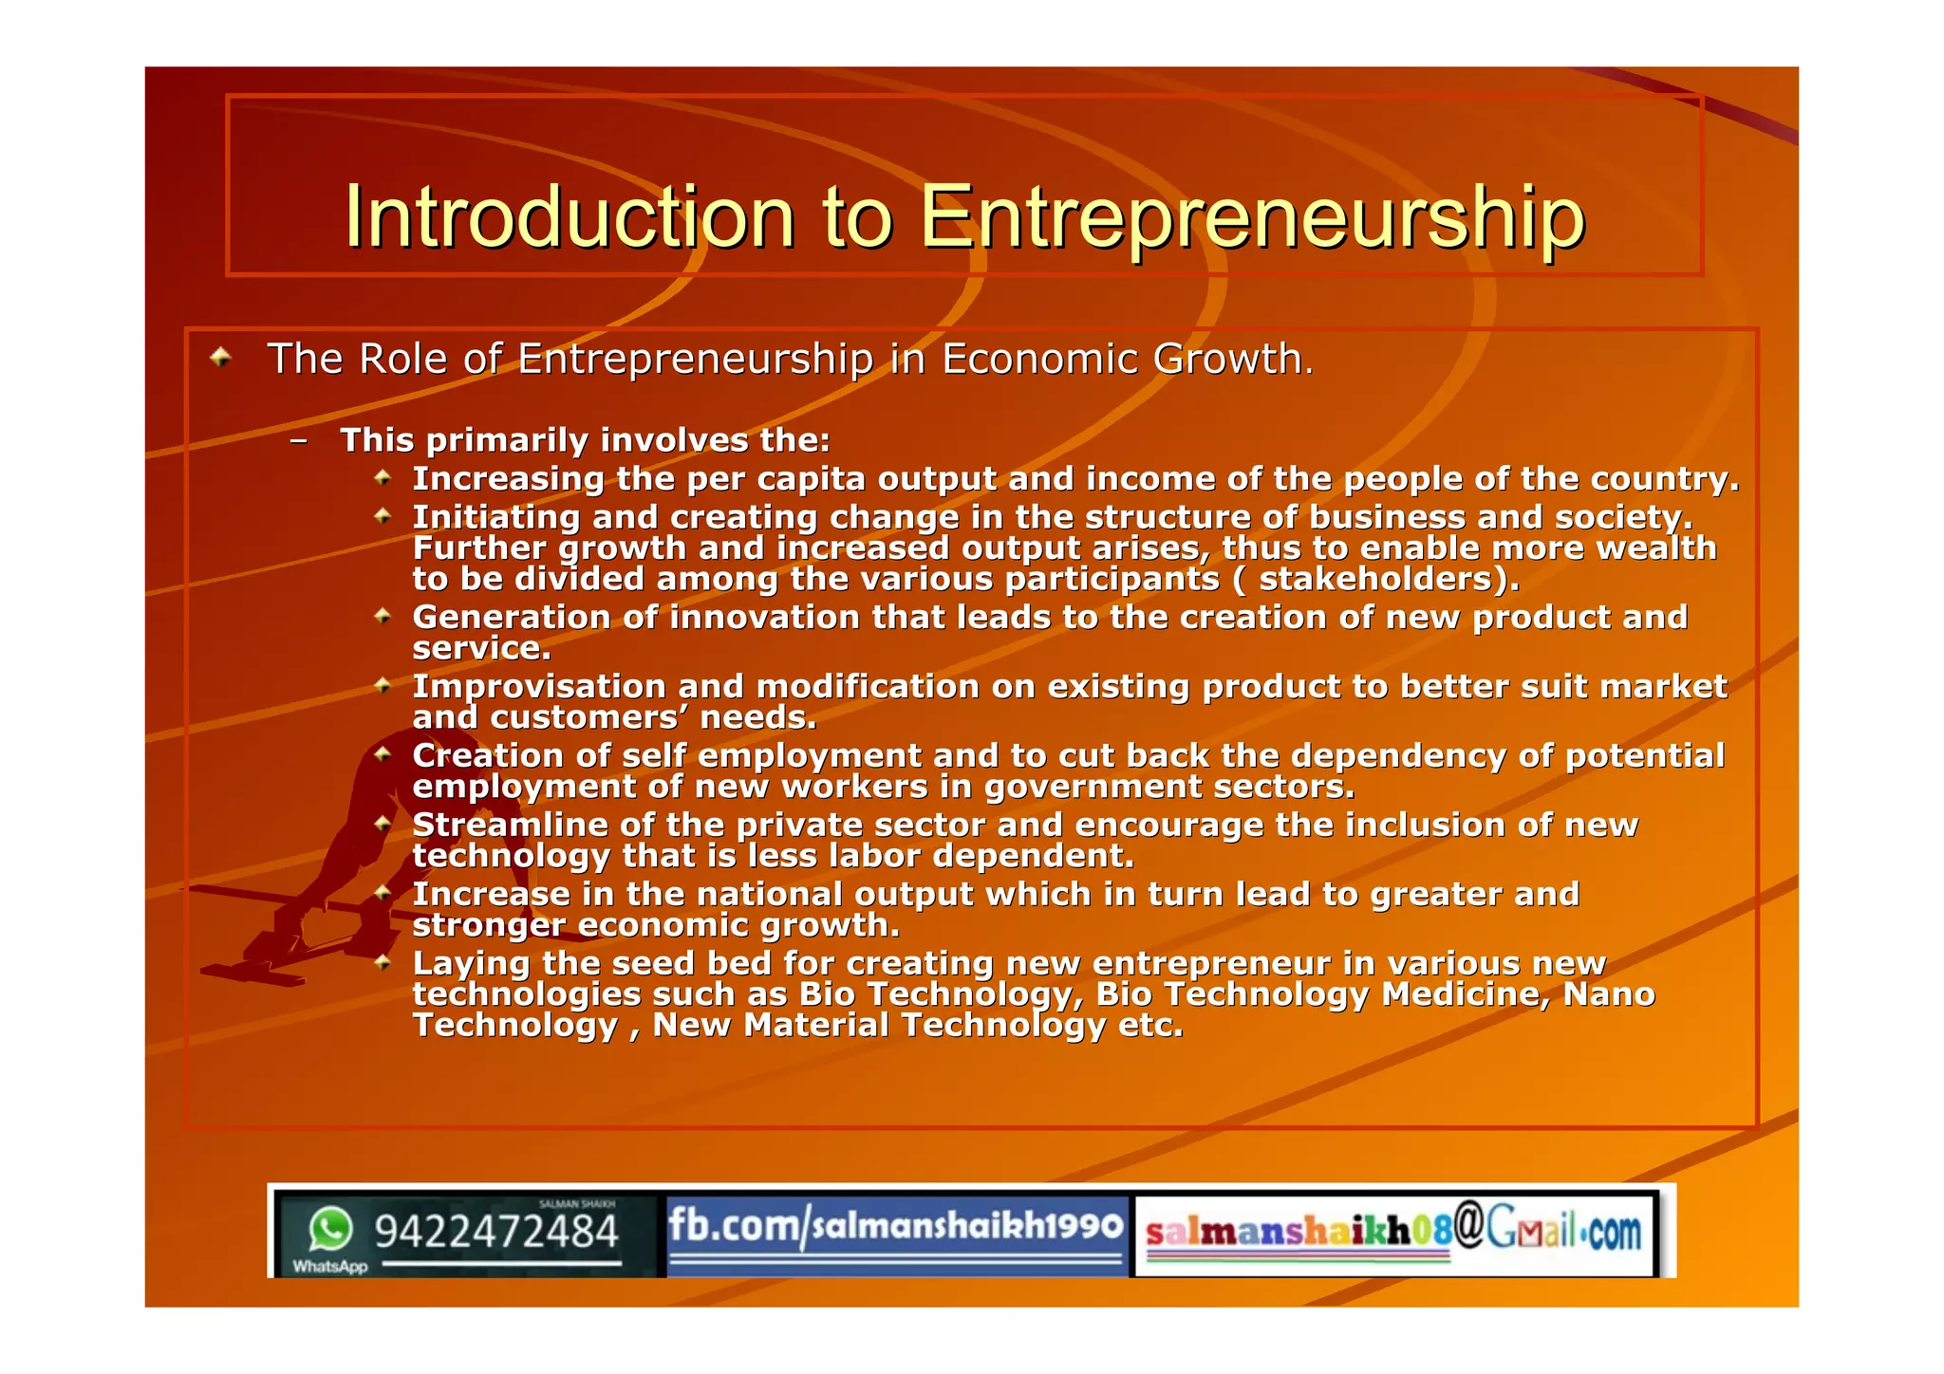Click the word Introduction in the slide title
point(569,217)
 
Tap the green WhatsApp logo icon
point(329,1230)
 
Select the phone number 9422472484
point(495,1232)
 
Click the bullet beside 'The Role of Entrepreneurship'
point(221,358)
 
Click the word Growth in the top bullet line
point(1232,359)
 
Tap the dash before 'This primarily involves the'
point(299,440)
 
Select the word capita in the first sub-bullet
point(811,479)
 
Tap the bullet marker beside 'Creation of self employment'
point(383,755)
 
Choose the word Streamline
point(510,826)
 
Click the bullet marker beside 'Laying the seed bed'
point(383,963)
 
